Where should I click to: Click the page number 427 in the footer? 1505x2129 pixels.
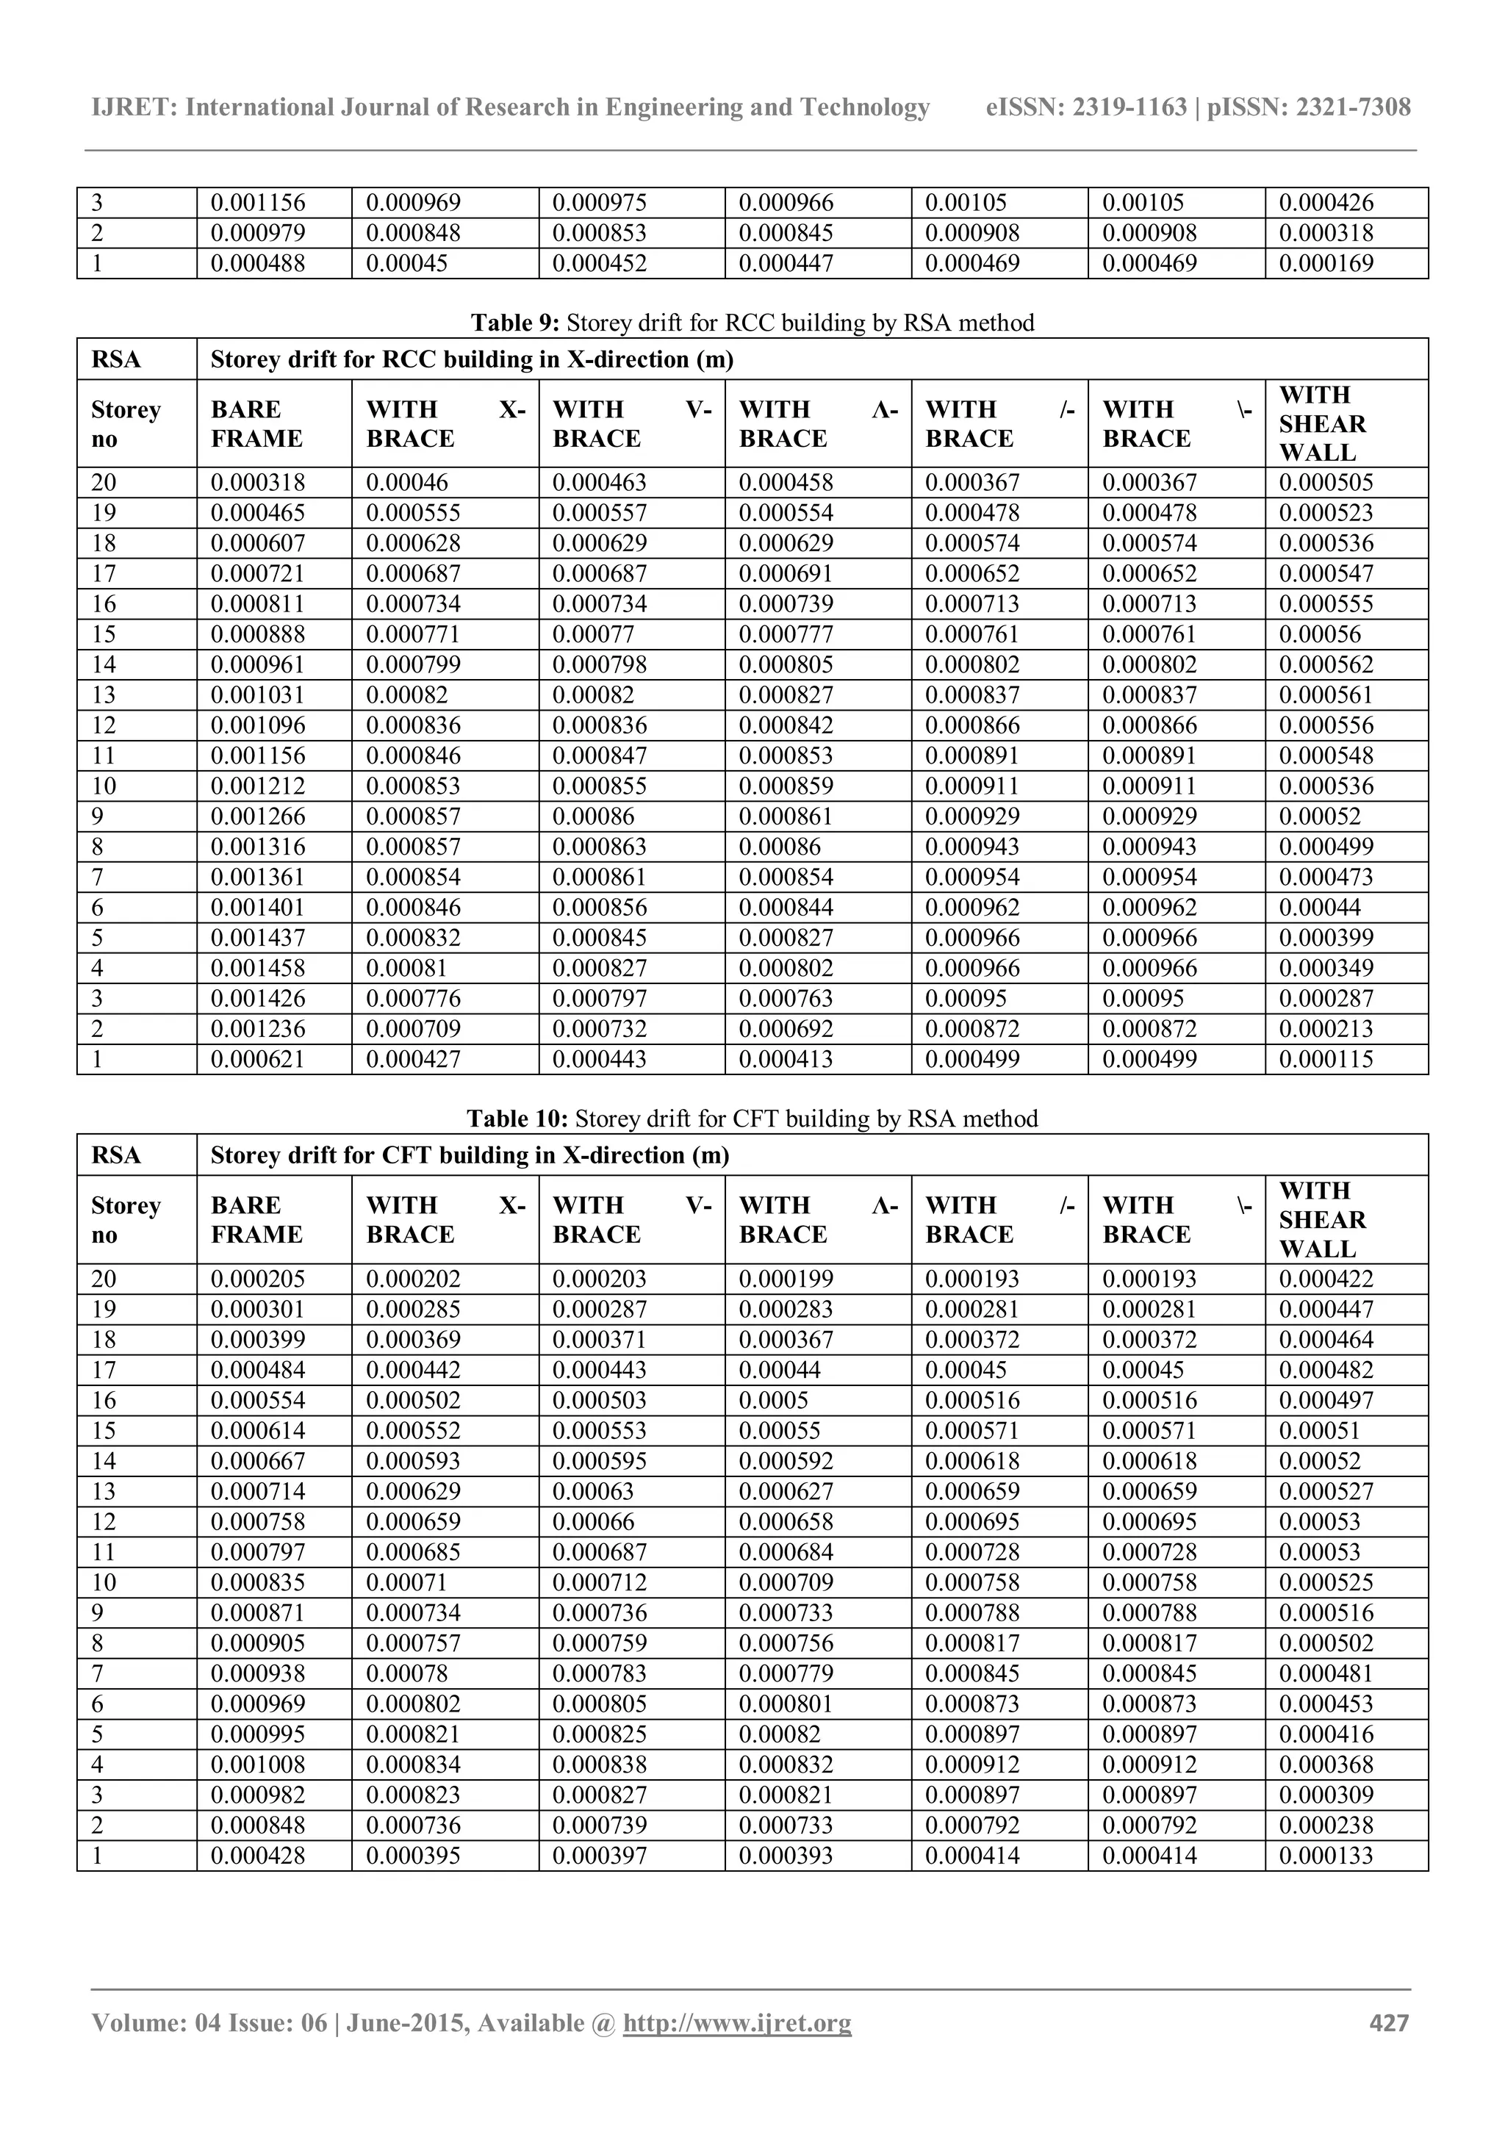(1388, 2022)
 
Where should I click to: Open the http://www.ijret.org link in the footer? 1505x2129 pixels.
(736, 2022)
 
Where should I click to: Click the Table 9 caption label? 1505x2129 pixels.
(516, 323)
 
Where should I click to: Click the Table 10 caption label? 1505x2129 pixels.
(517, 1119)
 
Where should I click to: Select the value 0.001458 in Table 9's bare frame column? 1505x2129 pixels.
(258, 968)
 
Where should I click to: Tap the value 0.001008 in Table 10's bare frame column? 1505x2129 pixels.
(258, 1764)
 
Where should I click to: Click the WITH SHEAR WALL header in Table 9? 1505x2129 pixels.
(1322, 424)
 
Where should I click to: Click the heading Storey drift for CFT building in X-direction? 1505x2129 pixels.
(470, 1155)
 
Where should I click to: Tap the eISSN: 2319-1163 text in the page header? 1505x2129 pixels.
(1086, 107)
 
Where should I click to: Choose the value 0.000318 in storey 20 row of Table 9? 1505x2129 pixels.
(258, 482)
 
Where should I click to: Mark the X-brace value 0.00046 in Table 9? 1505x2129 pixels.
(407, 482)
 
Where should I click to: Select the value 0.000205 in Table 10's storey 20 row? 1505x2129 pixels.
(258, 1279)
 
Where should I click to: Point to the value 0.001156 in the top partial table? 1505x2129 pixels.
(258, 202)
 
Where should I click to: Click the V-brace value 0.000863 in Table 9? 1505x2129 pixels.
(600, 847)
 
